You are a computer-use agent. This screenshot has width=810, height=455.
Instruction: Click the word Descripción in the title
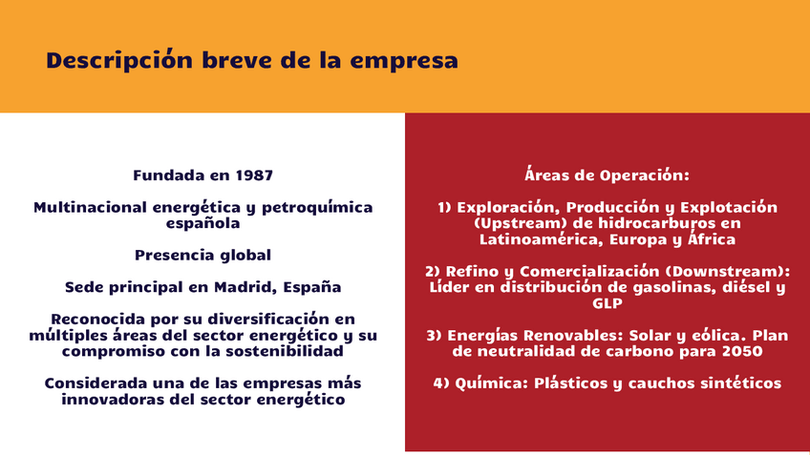pyautogui.click(x=119, y=60)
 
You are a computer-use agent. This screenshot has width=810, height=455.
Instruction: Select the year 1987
pyautogui.click(x=254, y=176)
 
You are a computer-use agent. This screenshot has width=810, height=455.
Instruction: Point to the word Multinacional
pyautogui.click(x=91, y=207)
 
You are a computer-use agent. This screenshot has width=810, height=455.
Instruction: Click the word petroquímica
pyautogui.click(x=317, y=208)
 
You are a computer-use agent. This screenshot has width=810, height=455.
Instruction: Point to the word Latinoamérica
pyautogui.click(x=542, y=239)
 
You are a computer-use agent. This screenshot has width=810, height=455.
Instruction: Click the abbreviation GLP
pyautogui.click(x=607, y=303)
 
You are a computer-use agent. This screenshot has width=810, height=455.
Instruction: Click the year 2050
pyautogui.click(x=743, y=351)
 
